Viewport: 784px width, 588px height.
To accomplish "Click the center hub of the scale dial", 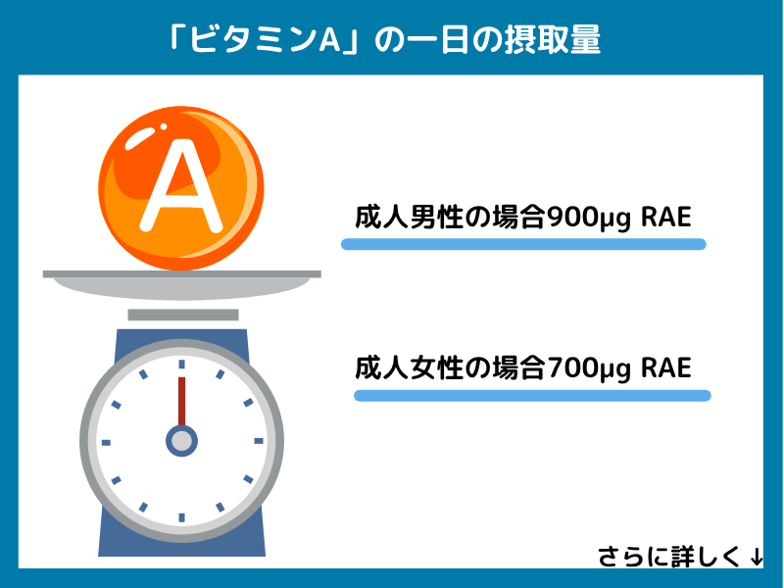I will pos(181,441).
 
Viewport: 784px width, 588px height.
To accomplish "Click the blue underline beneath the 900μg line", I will pos(523,244).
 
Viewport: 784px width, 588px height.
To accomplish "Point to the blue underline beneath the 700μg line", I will pos(531,396).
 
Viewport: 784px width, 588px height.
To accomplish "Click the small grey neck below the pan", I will pos(183,315).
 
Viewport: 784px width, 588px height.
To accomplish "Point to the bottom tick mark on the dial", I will pos(181,516).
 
